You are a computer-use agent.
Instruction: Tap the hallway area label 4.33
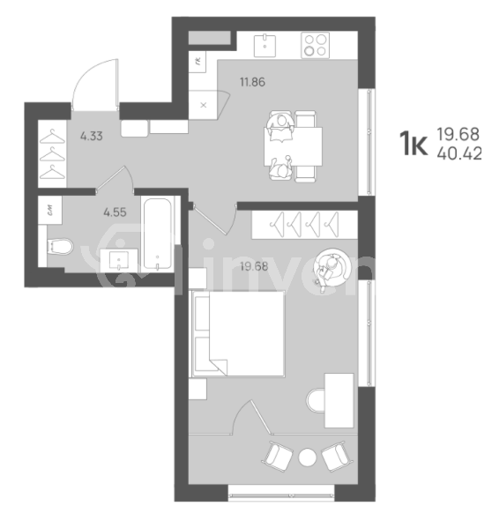[x=91, y=136]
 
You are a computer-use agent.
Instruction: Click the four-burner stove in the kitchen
[x=315, y=43]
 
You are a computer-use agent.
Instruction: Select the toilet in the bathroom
[x=59, y=247]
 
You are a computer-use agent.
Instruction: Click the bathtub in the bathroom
[x=159, y=234]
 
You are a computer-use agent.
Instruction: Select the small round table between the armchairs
[x=307, y=458]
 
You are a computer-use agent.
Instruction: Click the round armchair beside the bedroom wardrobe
[x=335, y=266]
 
